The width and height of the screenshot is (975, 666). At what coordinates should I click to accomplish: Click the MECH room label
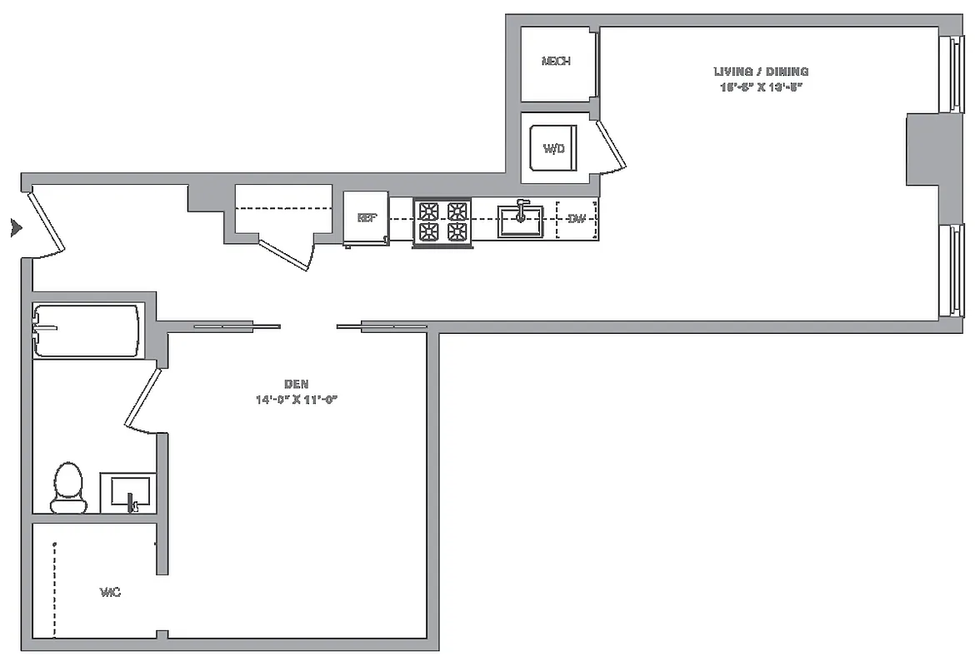coord(556,62)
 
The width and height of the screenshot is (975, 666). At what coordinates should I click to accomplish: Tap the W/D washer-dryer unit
coord(554,149)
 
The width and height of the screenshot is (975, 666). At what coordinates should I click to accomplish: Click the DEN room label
coord(297,384)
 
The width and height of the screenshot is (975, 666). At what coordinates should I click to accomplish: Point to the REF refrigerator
coord(367,219)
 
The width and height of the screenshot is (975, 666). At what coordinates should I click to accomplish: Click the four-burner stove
coord(442,221)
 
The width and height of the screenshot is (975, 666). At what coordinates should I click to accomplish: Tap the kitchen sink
coord(521,221)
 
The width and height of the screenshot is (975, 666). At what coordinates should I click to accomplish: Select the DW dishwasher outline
coord(576,220)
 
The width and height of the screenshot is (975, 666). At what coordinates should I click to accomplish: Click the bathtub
coord(86,331)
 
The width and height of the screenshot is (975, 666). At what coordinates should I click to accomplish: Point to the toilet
coord(68,488)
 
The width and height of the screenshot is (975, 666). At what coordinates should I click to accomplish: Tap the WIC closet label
coord(110,593)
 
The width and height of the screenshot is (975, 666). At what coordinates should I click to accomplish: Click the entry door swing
coord(47,223)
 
